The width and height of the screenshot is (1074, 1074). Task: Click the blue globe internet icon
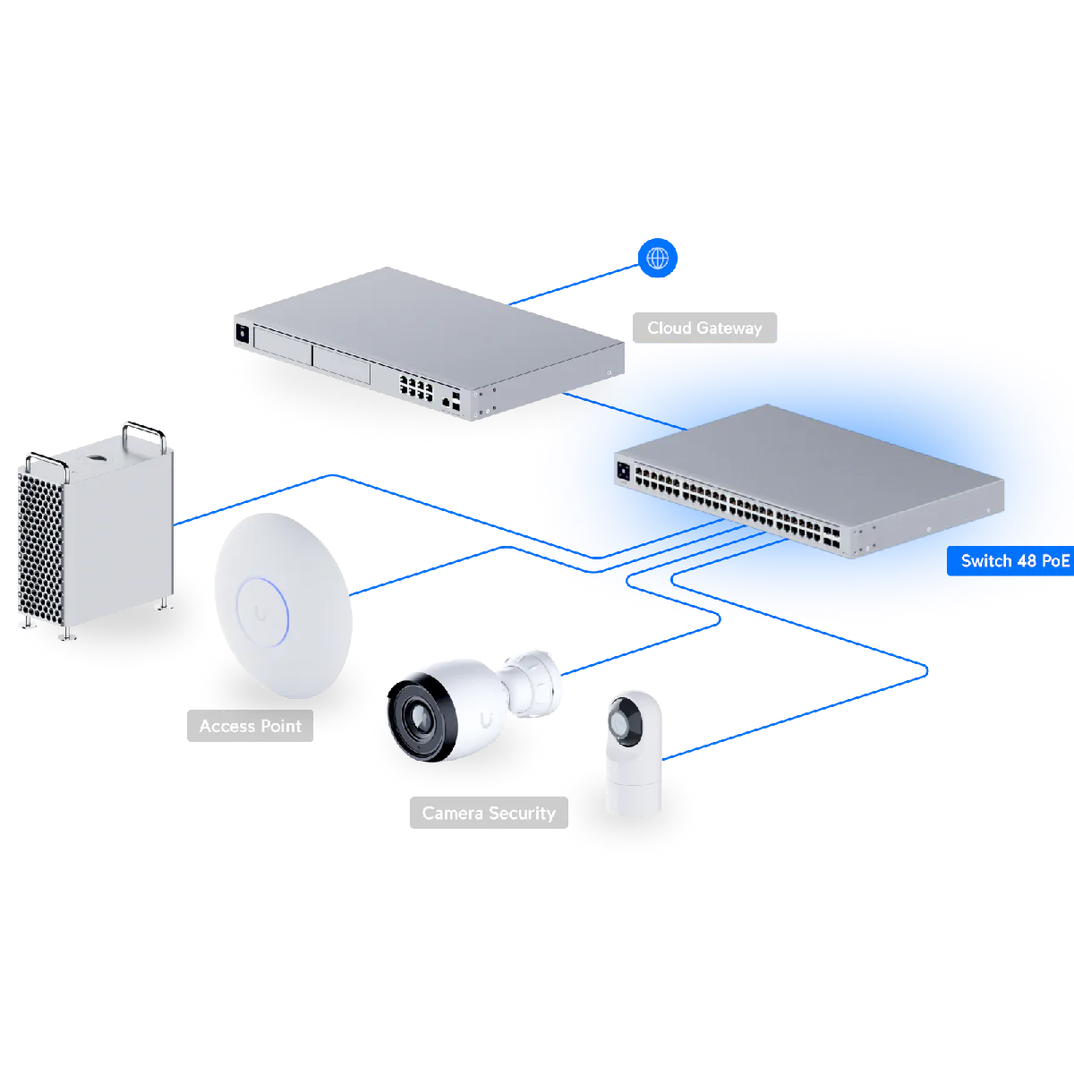(x=658, y=259)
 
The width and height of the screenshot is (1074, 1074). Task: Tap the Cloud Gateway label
(x=704, y=328)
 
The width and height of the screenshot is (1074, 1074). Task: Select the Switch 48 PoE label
(x=1014, y=561)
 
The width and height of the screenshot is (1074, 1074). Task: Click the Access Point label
(x=250, y=726)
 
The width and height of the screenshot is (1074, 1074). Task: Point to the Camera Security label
(x=489, y=813)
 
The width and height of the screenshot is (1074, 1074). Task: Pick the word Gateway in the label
(x=729, y=328)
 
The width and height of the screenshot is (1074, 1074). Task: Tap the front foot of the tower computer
(x=66, y=635)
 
